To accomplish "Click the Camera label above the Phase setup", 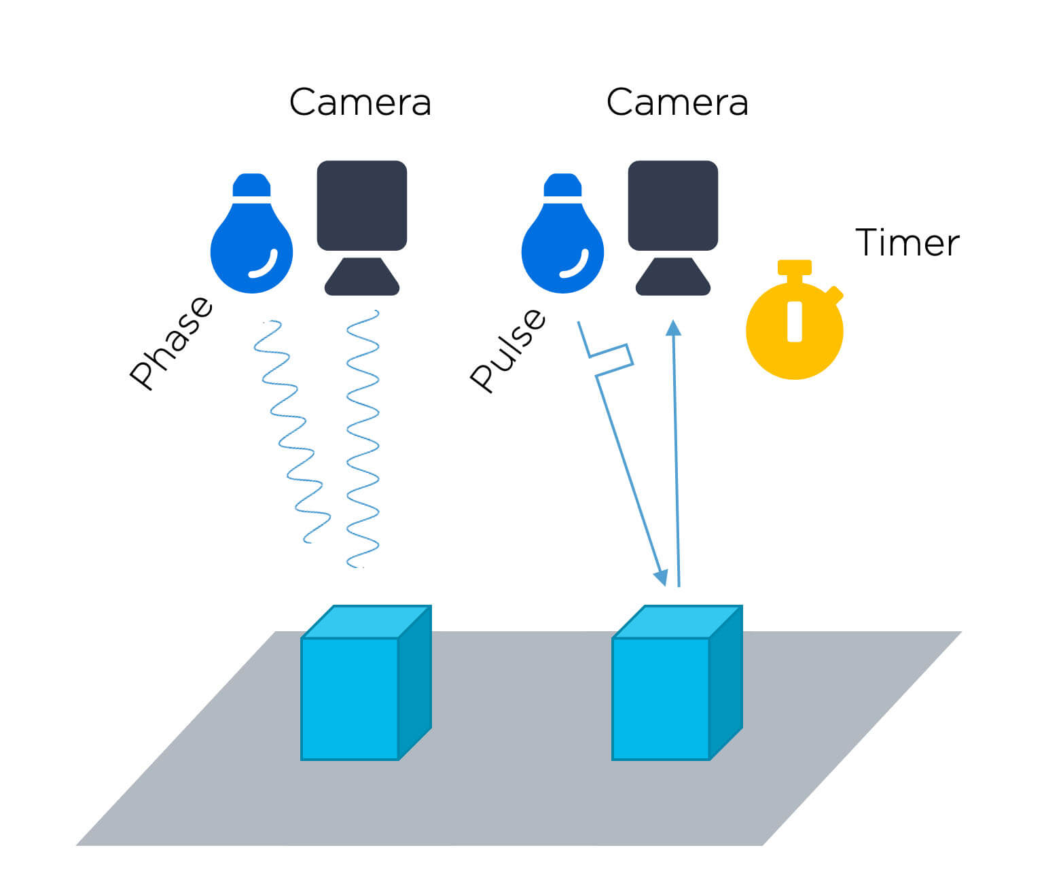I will tap(360, 103).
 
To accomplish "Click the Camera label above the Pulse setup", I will tap(677, 103).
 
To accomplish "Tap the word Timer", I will tap(907, 243).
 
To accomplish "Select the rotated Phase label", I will tap(171, 343).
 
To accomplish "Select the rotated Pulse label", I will tap(508, 350).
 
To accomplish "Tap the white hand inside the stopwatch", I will tap(794, 321).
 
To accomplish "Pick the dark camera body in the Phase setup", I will tap(361, 205).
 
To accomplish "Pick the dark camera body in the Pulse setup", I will tap(672, 205).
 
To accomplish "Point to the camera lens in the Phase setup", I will tap(361, 277).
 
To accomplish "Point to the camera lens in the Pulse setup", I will tap(672, 277).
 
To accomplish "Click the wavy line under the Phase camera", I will tap(362, 438).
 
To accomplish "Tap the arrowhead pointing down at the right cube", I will tap(660, 578).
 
